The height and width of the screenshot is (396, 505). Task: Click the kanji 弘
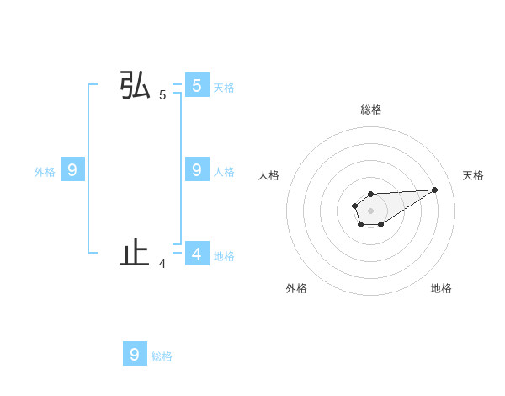click(136, 86)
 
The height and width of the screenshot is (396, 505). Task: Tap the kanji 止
click(136, 253)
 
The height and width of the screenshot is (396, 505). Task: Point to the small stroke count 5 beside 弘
click(162, 95)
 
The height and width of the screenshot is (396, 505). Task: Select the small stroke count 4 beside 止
click(162, 264)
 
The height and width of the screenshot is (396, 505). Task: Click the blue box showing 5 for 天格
click(196, 86)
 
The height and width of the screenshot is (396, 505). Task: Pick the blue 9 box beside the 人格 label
click(196, 170)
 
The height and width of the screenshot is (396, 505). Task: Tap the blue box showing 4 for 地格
click(196, 254)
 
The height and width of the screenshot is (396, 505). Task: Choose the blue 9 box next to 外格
click(72, 170)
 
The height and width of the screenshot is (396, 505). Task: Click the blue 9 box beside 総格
click(135, 354)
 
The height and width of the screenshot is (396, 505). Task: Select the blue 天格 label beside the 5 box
click(224, 87)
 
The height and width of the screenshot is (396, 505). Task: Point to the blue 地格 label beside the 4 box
click(224, 255)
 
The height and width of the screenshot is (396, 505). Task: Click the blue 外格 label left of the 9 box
click(45, 172)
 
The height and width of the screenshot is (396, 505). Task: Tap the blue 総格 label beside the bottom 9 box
click(162, 356)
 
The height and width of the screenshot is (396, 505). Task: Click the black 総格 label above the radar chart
click(370, 110)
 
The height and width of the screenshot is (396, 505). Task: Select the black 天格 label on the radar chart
click(473, 175)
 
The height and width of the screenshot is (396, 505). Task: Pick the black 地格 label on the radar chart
click(441, 288)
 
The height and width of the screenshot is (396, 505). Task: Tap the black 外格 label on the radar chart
click(296, 288)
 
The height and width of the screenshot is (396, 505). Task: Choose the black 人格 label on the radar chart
click(268, 175)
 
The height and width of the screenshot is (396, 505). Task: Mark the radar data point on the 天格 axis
click(435, 189)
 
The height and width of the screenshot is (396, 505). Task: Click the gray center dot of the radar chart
click(370, 210)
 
